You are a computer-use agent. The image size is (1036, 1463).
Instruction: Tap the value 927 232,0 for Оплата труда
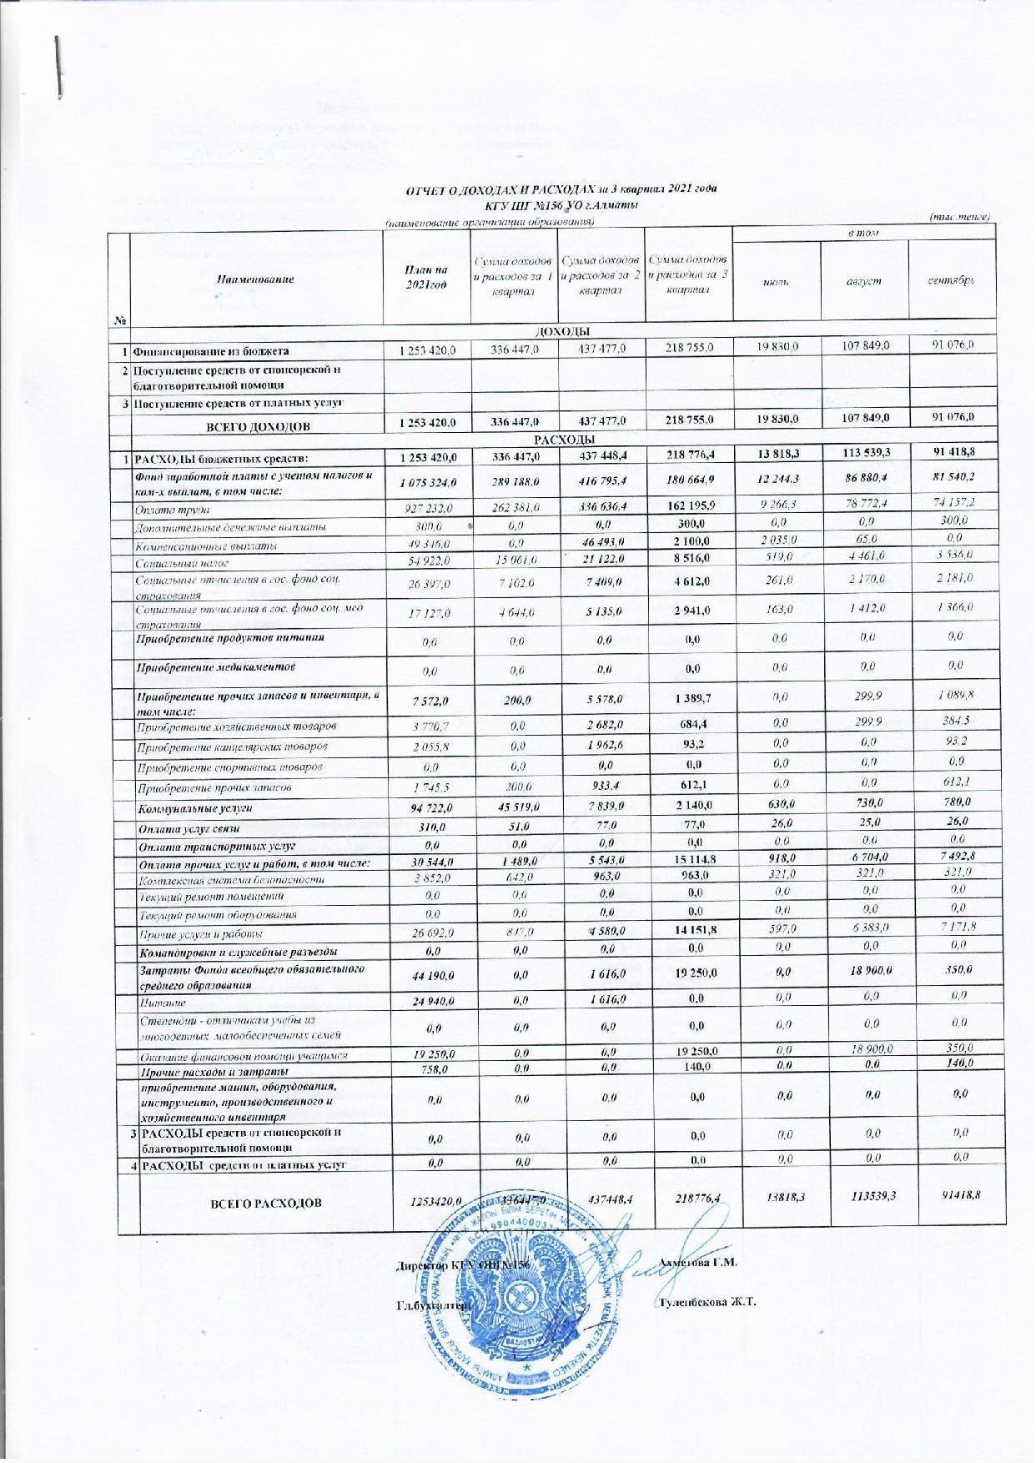tap(426, 508)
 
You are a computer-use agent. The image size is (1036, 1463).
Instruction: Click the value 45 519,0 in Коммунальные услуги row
tap(515, 806)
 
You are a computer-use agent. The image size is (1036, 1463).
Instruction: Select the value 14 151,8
tap(688, 933)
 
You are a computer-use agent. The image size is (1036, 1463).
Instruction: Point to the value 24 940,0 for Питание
tap(426, 1003)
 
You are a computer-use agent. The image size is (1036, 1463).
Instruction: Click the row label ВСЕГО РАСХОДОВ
tap(259, 1203)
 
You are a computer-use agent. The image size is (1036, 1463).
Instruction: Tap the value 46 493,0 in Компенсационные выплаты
tap(601, 545)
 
